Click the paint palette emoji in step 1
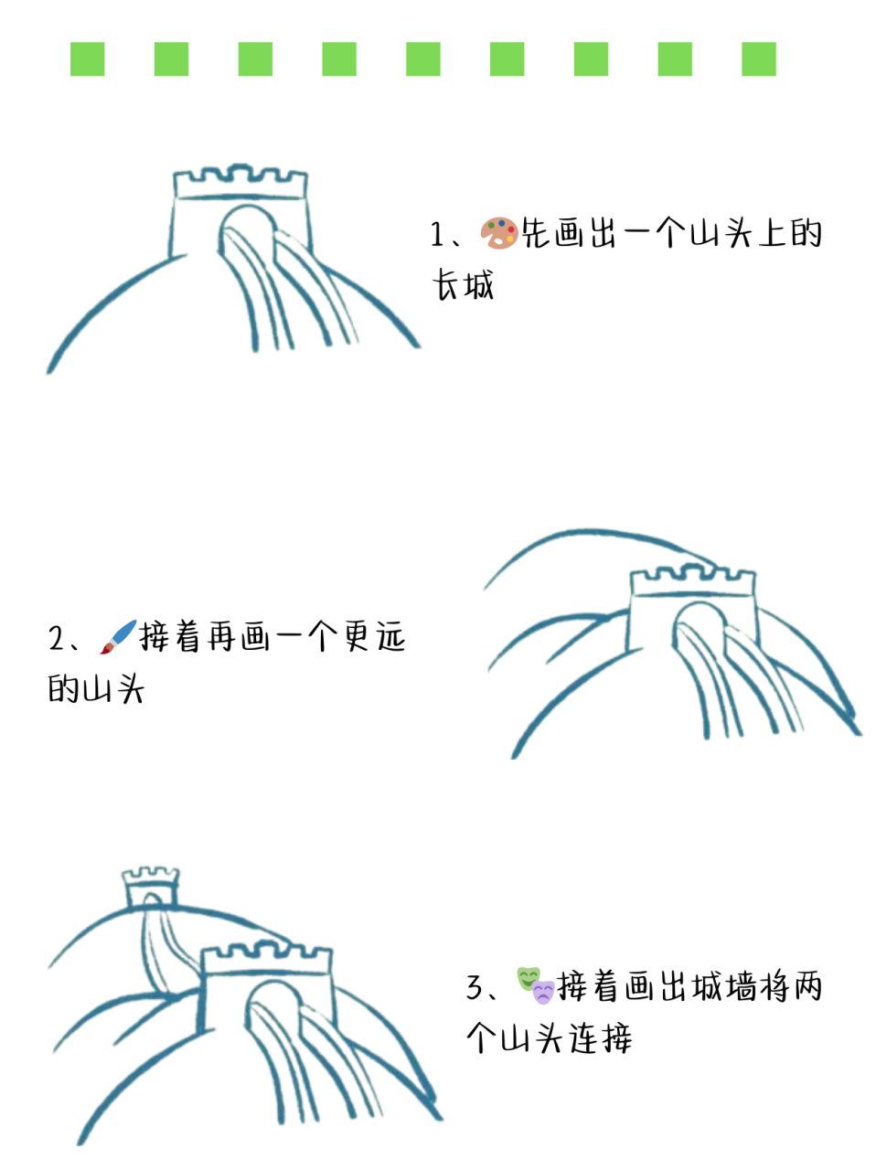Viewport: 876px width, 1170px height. click(498, 234)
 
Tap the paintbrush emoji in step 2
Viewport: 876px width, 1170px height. click(118, 636)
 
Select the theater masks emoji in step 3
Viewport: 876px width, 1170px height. click(535, 985)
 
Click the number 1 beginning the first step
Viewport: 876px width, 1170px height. click(438, 235)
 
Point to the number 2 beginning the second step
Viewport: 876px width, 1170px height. click(57, 638)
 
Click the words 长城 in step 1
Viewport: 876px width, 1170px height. click(464, 285)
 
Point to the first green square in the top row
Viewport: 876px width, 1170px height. click(88, 59)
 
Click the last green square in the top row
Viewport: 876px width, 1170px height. click(758, 59)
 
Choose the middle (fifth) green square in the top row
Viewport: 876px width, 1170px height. click(423, 59)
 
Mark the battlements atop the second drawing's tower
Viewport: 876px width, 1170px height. click(693, 579)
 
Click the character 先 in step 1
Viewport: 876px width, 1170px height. click(537, 234)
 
